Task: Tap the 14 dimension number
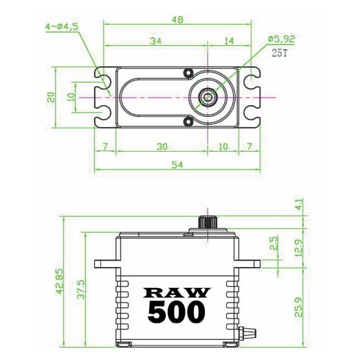229,40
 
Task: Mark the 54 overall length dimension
176,165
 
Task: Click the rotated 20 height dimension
51,97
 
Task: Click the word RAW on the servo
177,292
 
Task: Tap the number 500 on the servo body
176,312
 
